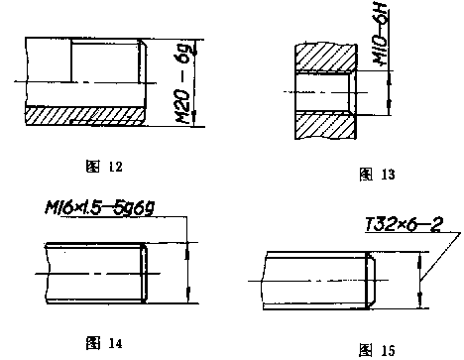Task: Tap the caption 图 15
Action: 379,349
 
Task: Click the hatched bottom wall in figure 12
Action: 84,115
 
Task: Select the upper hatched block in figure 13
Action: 322,57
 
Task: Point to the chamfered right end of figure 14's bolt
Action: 145,272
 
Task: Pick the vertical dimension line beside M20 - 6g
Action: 199,83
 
